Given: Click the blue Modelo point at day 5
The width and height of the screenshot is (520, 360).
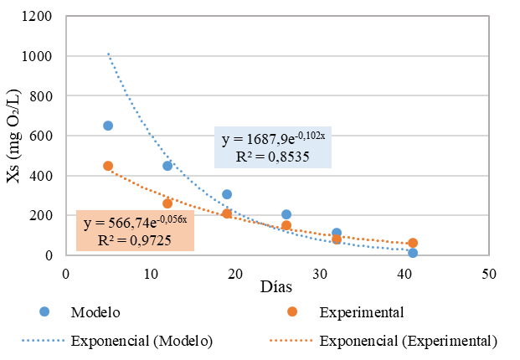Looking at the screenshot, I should [108, 126].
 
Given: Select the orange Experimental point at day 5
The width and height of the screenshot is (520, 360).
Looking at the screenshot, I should [108, 166].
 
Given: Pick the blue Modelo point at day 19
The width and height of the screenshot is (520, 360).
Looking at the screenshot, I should [227, 194].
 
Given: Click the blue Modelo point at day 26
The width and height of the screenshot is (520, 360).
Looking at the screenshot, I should [286, 214].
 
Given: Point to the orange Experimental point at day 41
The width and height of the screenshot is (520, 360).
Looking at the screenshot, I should [413, 243].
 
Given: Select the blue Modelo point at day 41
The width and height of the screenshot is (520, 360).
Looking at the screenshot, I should [413, 253].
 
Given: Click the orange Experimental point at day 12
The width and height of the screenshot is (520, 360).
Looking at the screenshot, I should [167, 203].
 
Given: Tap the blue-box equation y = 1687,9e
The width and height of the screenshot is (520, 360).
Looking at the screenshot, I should [272, 138].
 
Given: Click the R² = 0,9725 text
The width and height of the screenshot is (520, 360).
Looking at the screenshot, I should [135, 239].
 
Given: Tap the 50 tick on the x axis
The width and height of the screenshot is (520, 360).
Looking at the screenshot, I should [489, 273].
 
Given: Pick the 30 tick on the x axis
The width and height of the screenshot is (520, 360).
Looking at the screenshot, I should [320, 273].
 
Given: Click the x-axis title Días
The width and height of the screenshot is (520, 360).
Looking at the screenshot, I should [275, 287].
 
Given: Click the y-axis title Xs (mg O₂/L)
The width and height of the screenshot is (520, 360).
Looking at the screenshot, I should [15, 136].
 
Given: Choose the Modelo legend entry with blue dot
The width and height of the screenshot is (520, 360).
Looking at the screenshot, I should [96, 312].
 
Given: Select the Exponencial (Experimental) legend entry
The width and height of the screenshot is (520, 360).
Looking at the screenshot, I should [409, 341].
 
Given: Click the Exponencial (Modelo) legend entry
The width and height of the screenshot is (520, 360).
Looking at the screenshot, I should [142, 341].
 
